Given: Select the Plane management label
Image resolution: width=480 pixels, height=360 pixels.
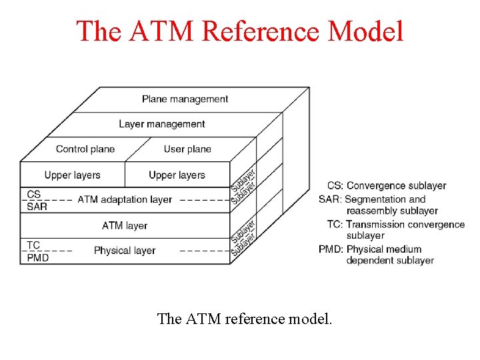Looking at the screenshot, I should [x=185, y=99].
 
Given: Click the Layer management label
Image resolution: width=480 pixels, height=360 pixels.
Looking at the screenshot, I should [x=161, y=124].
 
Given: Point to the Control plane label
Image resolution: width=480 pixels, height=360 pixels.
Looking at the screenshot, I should [x=85, y=149].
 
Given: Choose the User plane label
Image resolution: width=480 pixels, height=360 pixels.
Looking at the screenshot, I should [x=187, y=149].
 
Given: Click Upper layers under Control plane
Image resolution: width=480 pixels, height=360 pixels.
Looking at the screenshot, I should [x=72, y=175].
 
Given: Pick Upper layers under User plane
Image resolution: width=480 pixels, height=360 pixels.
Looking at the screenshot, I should [x=177, y=175].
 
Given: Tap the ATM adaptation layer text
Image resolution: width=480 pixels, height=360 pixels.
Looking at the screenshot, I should [x=125, y=199].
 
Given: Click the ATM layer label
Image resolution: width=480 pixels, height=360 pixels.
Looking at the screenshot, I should [x=125, y=225].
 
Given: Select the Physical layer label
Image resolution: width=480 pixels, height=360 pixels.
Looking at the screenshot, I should [x=125, y=251].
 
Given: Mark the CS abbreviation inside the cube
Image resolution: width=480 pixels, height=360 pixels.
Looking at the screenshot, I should [x=34, y=194].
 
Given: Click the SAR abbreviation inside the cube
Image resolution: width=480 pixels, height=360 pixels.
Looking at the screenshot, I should [x=37, y=207].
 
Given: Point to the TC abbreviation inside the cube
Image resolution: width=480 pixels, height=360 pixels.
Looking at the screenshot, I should [x=33, y=245].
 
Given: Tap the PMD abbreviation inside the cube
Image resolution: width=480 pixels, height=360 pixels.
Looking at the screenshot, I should [x=37, y=257].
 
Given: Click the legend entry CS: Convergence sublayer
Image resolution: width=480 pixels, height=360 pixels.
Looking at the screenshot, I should [x=387, y=185].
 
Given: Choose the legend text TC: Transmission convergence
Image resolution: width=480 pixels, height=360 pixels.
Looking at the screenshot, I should [x=395, y=224].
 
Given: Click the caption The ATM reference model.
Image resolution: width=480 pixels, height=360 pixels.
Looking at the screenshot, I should [x=244, y=319].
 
